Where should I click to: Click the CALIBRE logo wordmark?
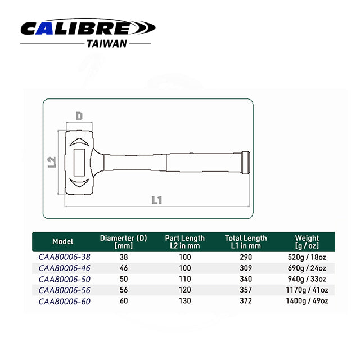(x=88, y=28)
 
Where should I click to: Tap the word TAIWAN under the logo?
(x=107, y=44)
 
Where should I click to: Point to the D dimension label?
(x=79, y=116)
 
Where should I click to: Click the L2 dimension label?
(x=52, y=162)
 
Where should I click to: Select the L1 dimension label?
(x=157, y=200)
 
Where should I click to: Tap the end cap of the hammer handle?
(x=246, y=163)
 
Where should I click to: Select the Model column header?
(x=62, y=241)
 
